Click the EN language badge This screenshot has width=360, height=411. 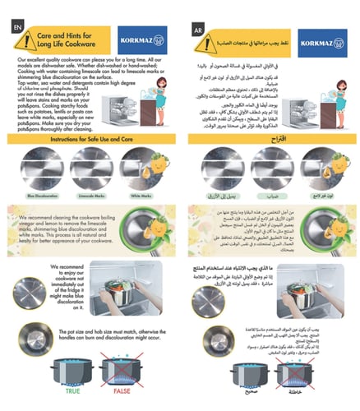pyautogui.click(x=16, y=25)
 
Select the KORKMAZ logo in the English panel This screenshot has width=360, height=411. pyautogui.click(x=148, y=41)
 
